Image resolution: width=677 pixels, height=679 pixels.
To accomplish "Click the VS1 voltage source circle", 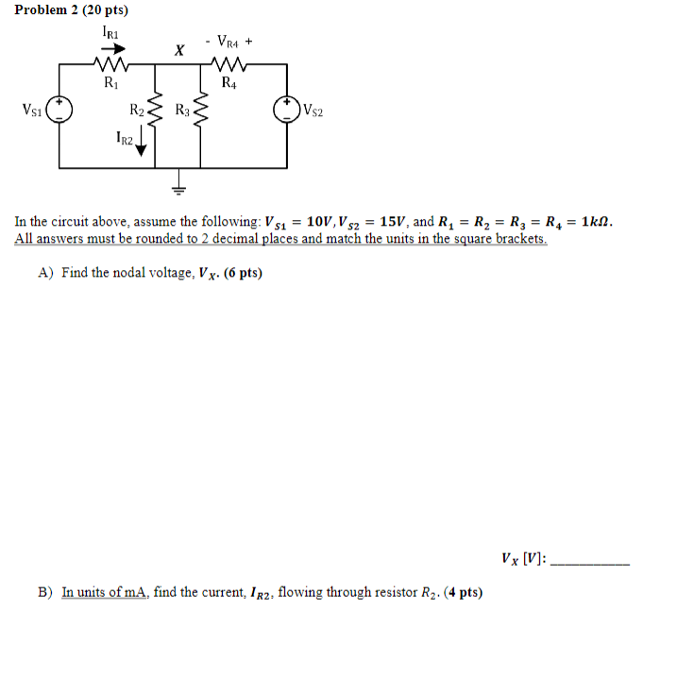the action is click(x=59, y=110).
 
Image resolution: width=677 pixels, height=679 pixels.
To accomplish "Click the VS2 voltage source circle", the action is click(x=287, y=110).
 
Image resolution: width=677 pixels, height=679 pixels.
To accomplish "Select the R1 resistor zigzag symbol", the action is click(x=110, y=65).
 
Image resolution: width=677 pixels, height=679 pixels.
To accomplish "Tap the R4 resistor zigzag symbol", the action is click(x=229, y=65).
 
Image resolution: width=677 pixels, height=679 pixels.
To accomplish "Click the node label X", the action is click(x=178, y=50).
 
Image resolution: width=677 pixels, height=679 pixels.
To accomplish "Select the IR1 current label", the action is click(x=110, y=32).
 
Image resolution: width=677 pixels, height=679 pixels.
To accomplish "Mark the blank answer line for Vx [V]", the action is click(x=588, y=563).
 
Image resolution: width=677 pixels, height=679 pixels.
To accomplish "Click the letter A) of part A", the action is click(x=45, y=273).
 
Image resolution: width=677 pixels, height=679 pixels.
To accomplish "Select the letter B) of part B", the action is click(x=45, y=592).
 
